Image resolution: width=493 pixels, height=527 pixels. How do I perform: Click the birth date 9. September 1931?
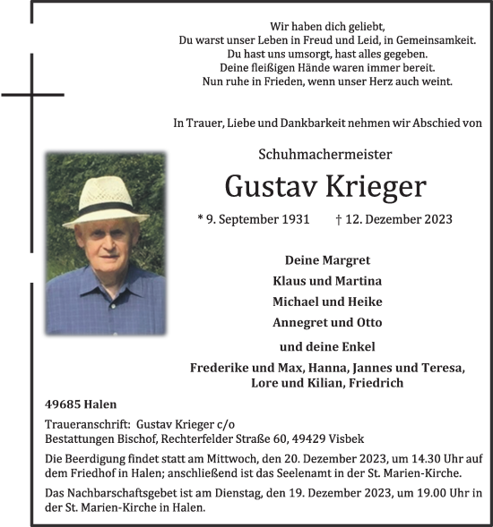coord(253,219)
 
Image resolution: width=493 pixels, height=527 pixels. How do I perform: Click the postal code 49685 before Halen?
coord(63,404)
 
